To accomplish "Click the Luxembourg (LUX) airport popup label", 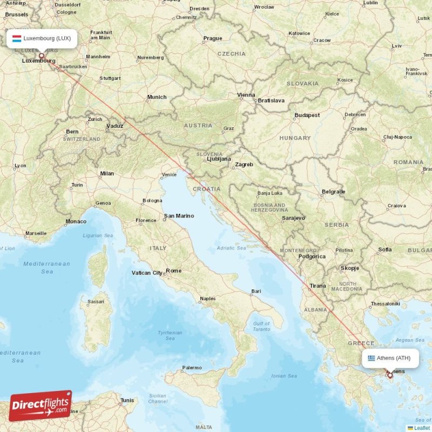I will [42, 38].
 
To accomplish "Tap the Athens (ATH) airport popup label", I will [390, 358].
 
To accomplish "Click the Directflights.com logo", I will [40, 406].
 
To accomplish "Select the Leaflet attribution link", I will [422, 428].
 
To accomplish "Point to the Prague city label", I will [212, 38].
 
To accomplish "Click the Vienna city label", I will [246, 95].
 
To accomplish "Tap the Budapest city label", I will [307, 115].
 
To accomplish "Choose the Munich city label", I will [157, 97].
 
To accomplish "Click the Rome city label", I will [174, 271].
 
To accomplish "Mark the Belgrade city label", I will [333, 192].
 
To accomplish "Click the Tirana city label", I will [318, 286].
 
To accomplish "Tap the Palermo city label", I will [192, 368].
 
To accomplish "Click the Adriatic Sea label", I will [231, 248].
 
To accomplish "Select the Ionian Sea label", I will [284, 376].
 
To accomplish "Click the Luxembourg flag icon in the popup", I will [17, 38].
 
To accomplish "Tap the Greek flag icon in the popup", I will [371, 358].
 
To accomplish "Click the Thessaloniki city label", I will [384, 304].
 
